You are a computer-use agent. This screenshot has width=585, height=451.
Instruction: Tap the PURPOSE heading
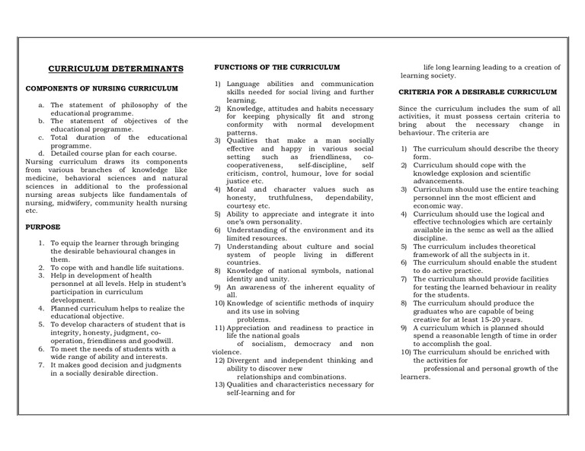tap(43, 227)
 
